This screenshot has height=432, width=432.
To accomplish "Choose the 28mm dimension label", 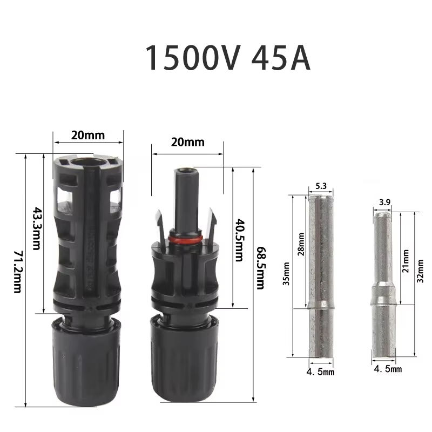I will pyautogui.click(x=301, y=244).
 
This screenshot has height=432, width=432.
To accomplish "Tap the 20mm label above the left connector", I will pyautogui.click(x=88, y=135).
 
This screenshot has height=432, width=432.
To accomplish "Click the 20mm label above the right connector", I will pyautogui.click(x=187, y=143).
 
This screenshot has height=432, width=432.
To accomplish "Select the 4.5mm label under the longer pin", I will pyautogui.click(x=321, y=372).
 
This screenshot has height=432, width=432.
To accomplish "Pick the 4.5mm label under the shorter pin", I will pyautogui.click(x=388, y=369).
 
